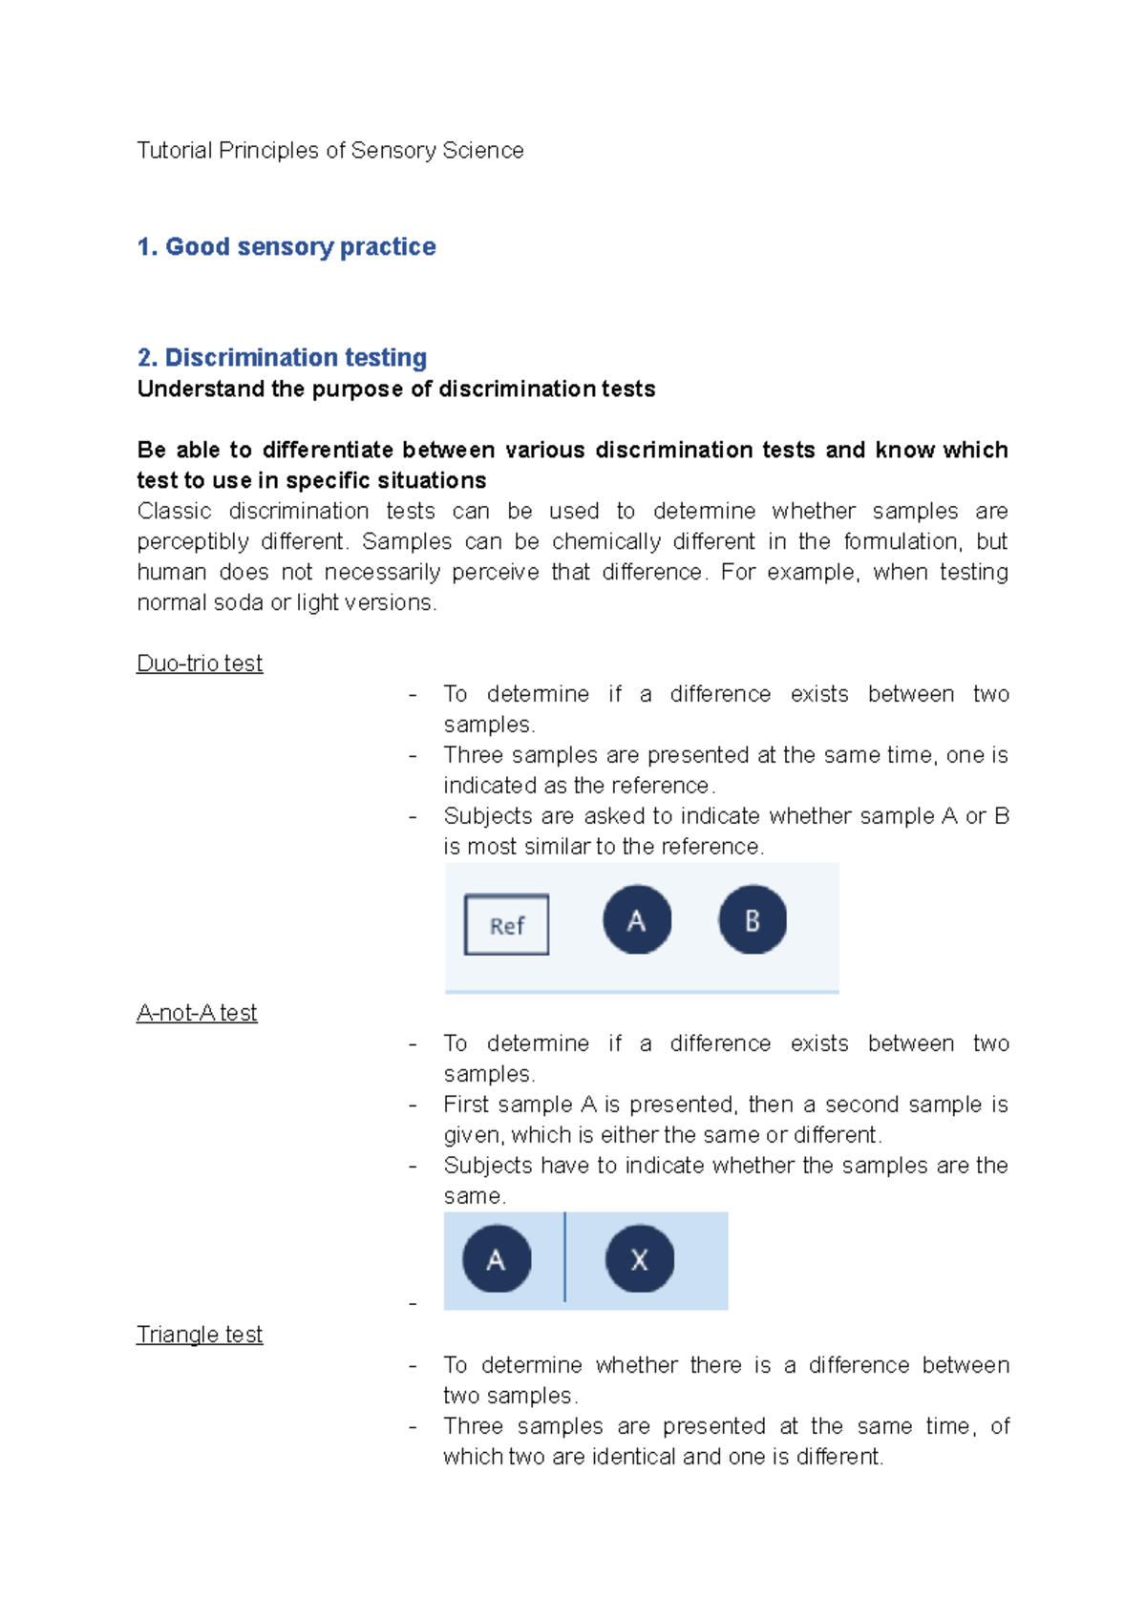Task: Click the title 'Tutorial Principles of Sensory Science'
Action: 329,151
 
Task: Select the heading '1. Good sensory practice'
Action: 286,247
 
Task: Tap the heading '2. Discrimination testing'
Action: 282,358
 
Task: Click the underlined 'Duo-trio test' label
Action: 200,663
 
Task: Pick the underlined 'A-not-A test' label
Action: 197,1013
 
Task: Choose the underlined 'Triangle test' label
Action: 200,1335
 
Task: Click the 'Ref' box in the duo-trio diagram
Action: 506,925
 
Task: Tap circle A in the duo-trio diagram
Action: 637,920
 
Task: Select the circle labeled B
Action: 753,920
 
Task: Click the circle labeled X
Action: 640,1259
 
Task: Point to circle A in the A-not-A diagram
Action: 497,1259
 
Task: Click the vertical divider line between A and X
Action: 565,1257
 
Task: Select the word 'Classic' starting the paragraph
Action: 174,512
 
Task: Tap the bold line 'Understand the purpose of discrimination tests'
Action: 396,389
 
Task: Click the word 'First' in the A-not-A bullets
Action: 466,1105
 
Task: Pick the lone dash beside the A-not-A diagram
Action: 413,1304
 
